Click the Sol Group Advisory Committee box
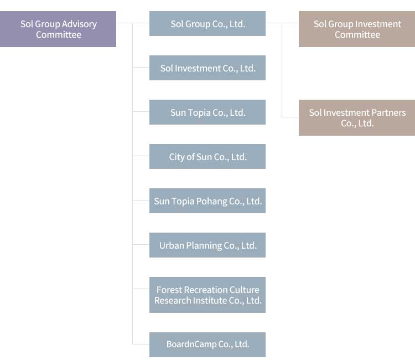[x=58, y=29]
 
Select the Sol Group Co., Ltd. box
[x=207, y=24]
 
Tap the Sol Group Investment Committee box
[x=357, y=29]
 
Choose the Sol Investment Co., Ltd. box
[x=207, y=68]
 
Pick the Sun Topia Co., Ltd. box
[x=207, y=112]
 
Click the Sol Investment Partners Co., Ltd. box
[x=357, y=118]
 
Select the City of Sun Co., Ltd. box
[x=207, y=157]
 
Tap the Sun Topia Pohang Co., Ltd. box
[x=207, y=201]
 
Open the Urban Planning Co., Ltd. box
[x=207, y=245]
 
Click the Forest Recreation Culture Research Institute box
[x=207, y=295]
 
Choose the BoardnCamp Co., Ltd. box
[x=207, y=344]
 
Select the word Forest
[x=169, y=290]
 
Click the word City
[x=177, y=157]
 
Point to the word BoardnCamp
[x=191, y=344]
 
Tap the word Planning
[x=204, y=246]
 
